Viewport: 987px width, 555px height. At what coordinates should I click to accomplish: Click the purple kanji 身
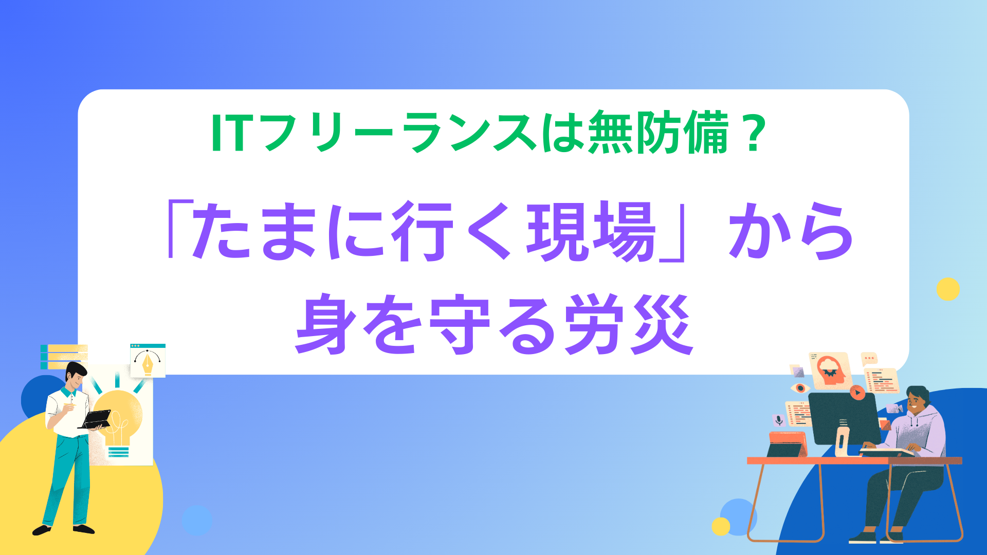point(326,324)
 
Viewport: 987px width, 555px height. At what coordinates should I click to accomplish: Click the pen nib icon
point(148,362)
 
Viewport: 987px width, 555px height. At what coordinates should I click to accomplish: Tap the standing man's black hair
point(76,371)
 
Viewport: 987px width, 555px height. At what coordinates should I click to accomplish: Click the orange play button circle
point(857,392)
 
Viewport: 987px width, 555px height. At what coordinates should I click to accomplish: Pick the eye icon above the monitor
point(800,387)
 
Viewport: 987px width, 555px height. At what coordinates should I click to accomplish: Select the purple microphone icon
point(778,420)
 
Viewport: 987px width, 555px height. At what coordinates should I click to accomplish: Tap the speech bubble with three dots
point(869,359)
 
